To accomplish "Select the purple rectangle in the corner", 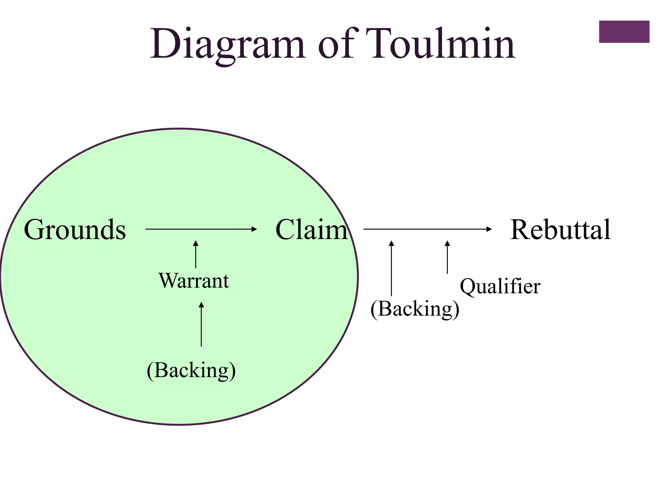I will coord(624,32).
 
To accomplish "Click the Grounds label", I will coord(75,230).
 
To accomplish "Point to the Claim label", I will coord(311,230).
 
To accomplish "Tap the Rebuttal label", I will coord(560,230).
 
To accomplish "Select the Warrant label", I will coord(194,281).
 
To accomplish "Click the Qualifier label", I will coord(500,286).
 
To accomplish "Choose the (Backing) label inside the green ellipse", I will coord(191,370).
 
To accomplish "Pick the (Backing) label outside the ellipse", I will coord(415,309).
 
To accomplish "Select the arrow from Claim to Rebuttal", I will coord(426,229).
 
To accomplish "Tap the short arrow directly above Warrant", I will coord(196,254).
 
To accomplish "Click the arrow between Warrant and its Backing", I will coord(201,324).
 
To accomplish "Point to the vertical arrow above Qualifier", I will coord(447,257).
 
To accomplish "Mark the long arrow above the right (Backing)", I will coord(391,269).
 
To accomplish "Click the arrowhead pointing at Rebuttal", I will coord(489,229).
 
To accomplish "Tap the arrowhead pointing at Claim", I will coord(254,229).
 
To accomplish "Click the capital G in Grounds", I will coord(34,230).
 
